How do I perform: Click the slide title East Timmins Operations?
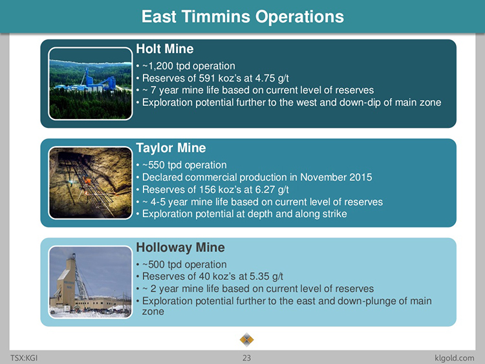tap(242, 16)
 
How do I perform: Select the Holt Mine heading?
tap(165, 49)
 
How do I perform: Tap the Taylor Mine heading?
tap(171, 148)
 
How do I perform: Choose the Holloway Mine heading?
tap(180, 248)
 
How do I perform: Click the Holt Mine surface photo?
tap(91, 83)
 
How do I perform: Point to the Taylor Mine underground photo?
tap(91, 183)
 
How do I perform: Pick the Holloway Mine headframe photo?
tap(91, 282)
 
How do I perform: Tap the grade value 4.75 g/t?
tap(272, 78)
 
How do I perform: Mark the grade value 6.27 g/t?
tap(272, 189)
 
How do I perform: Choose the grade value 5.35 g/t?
tap(266, 277)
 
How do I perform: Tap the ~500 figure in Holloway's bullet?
tap(153, 264)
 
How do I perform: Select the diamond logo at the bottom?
tap(246, 340)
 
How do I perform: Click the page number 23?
tap(246, 358)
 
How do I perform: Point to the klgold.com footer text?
tap(454, 358)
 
